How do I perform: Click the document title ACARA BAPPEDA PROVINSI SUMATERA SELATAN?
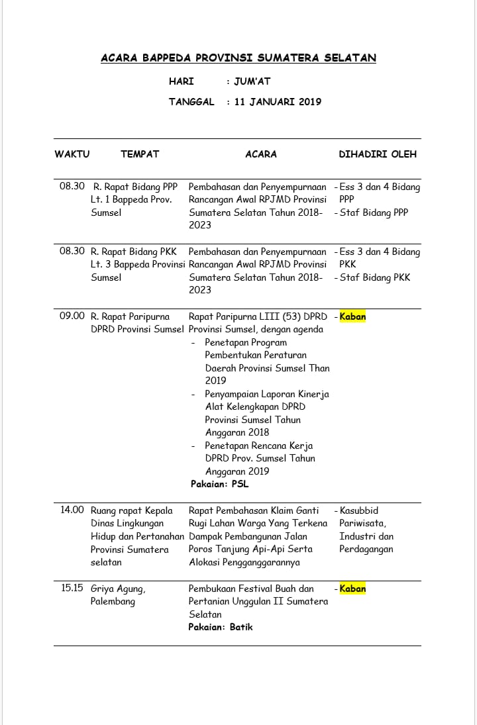pos(238,58)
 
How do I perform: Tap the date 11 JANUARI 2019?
pos(278,102)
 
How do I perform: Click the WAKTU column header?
pos(72,154)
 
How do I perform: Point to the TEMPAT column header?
pos(140,154)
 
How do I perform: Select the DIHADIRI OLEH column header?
pos(378,154)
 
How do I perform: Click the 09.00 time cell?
pos(72,316)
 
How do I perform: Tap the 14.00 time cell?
pos(72,510)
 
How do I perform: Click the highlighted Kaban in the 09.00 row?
pos(352,316)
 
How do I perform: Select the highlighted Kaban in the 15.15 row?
pos(352,589)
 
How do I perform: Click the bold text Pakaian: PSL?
pos(220,484)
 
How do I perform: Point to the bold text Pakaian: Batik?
pos(221,627)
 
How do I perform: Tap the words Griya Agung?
pos(118,589)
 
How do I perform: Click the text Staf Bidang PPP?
pos(374,213)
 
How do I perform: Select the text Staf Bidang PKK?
pos(375,277)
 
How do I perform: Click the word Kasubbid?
pos(358,510)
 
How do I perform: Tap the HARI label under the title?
pos(182,81)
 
